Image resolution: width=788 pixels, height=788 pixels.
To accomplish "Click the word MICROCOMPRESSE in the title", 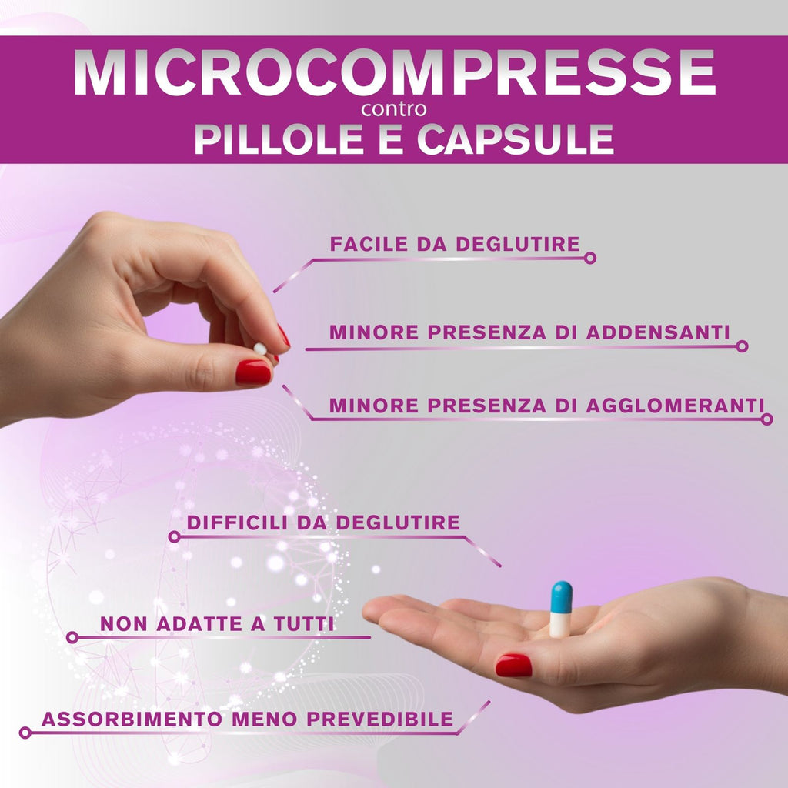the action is (395, 72).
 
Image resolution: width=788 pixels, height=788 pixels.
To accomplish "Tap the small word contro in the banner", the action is (394, 109).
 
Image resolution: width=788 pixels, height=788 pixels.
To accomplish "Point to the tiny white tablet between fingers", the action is (260, 349).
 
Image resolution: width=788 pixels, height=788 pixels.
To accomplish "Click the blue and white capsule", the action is (561, 609).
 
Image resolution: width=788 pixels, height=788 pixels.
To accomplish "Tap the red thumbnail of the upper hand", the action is (253, 372).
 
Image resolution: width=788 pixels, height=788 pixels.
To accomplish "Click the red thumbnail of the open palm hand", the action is (513, 666).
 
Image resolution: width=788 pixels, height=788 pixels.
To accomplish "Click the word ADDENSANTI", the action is (658, 332).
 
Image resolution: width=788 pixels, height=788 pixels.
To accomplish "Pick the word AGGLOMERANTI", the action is (675, 406).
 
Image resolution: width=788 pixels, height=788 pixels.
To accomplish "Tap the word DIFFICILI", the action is (237, 523).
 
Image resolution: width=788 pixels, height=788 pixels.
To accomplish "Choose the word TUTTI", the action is (304, 624).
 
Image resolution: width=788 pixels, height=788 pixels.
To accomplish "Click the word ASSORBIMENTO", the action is (132, 720).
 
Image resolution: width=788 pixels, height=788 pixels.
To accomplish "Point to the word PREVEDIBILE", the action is (380, 720).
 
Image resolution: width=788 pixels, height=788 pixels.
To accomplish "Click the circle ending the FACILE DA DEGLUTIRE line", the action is (590, 259).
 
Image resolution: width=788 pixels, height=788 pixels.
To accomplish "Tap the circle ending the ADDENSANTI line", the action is (742, 346).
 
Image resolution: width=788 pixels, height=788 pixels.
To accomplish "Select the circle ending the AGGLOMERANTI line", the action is (766, 419).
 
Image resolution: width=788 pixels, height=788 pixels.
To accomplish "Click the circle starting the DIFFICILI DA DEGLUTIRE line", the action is (174, 536).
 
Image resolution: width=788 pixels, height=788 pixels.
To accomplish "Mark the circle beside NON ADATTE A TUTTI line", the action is (72, 638).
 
